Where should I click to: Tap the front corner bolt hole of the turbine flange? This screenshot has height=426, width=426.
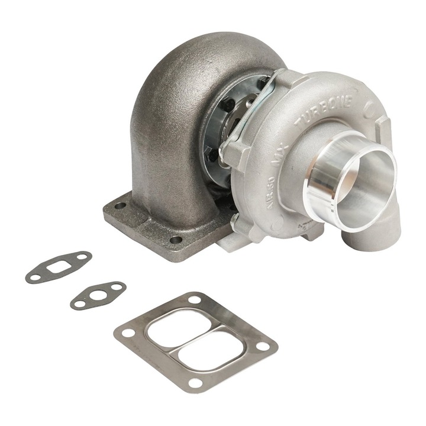click(176, 240)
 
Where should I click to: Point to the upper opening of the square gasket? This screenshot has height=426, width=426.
click(178, 327)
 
